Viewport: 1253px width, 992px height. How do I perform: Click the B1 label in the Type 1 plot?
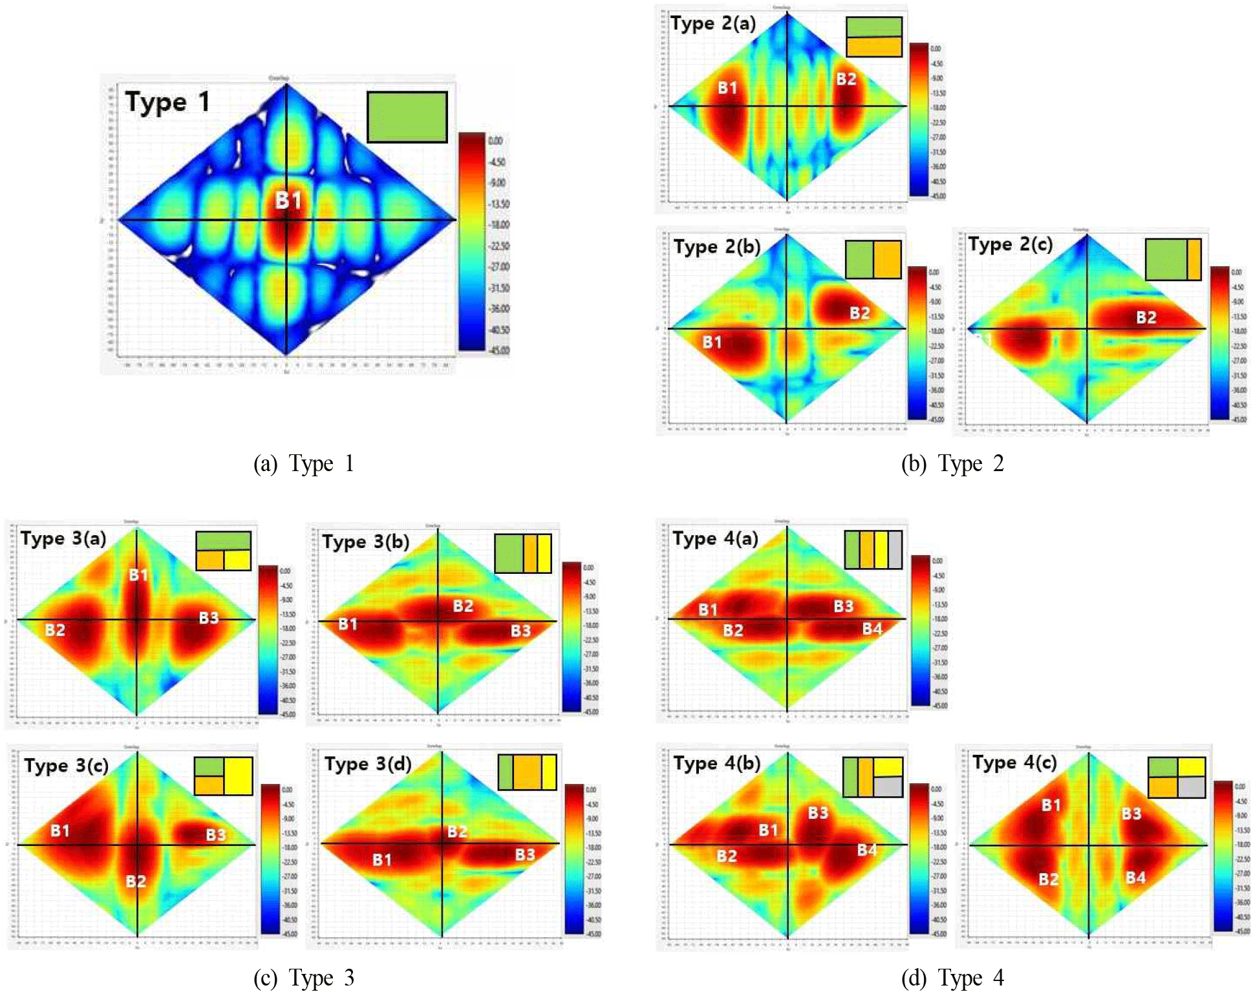[x=288, y=200]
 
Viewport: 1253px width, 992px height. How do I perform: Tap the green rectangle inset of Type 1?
[x=407, y=117]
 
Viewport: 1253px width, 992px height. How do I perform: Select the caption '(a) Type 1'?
[x=303, y=464]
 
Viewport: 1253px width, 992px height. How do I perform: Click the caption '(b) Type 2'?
[x=952, y=464]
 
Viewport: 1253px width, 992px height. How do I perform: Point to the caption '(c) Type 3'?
[x=303, y=978]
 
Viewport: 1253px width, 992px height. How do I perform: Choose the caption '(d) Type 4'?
[x=952, y=978]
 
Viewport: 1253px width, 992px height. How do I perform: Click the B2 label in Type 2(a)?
[x=846, y=79]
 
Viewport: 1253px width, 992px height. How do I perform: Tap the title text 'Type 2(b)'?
[x=716, y=247]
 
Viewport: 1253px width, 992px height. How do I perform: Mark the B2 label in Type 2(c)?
[x=1146, y=317]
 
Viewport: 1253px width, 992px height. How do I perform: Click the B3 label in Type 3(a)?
[x=208, y=618]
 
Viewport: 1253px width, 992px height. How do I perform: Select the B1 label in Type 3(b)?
[x=348, y=624]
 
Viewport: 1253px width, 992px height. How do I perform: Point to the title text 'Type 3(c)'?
[x=66, y=766]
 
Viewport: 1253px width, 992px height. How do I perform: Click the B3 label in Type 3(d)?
[x=524, y=854]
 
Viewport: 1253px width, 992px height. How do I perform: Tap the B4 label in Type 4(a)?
[x=872, y=628]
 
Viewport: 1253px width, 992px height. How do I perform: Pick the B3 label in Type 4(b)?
[x=818, y=812]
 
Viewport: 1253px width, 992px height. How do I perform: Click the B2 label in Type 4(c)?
[x=1048, y=879]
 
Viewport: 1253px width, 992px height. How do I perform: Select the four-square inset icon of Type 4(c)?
[x=1176, y=777]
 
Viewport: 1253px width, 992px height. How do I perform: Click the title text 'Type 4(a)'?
[x=715, y=539]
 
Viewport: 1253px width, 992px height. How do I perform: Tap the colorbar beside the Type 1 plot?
[x=472, y=242]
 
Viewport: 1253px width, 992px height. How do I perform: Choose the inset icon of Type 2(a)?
[x=873, y=37]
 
